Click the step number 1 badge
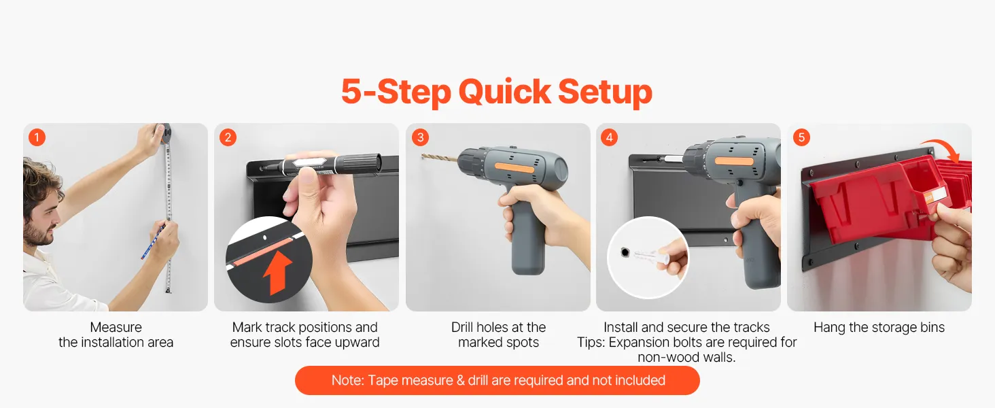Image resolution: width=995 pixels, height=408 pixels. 37,137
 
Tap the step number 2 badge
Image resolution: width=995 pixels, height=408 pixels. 228,137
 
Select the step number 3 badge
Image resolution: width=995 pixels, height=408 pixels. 420,137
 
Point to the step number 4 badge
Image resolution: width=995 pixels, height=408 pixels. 609,137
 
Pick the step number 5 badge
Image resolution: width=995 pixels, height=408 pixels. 801,137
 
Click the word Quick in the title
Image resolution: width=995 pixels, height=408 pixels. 504,92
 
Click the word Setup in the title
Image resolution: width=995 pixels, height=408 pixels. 605,92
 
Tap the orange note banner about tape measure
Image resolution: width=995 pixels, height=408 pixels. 497,380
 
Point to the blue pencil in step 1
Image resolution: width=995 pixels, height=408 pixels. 152,242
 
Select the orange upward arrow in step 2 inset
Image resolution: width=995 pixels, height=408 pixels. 277,272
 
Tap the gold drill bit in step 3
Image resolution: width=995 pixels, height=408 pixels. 440,158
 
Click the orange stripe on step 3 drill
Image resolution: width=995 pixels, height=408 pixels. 514,168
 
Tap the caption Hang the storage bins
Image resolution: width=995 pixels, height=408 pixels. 879,328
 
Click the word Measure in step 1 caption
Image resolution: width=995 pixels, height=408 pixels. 116,328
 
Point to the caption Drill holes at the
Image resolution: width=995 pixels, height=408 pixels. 498,328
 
